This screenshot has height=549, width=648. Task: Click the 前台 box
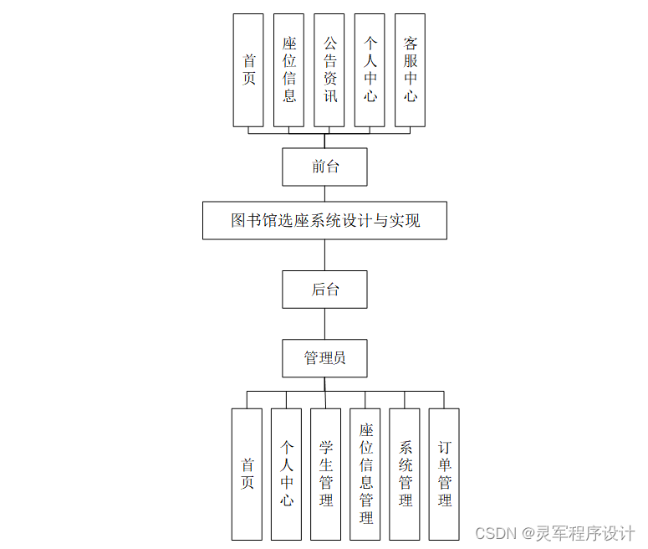coord(324,167)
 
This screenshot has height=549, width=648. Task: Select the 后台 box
coord(324,290)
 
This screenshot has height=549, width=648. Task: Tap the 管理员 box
coord(324,358)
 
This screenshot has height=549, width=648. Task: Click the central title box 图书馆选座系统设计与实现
coord(324,221)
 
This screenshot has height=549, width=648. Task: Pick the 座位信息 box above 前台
coord(289,70)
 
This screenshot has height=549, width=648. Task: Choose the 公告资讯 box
coord(329,70)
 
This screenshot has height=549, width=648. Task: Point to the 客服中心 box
coord(410,70)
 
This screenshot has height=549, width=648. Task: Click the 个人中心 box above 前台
coord(370,70)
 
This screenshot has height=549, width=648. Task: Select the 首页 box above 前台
coord(248,70)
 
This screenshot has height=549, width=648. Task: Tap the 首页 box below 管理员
coord(247,475)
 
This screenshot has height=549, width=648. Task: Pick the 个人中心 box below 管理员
coord(286,475)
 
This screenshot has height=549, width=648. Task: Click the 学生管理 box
coord(325,475)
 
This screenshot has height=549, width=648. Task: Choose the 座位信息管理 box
coord(365,475)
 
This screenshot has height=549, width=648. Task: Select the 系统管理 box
coord(405,475)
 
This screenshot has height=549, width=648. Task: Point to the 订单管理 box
coord(444,475)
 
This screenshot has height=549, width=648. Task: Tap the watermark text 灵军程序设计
coord(586,533)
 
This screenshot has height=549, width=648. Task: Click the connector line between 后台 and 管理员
coord(324,324)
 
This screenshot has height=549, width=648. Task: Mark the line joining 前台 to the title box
coord(324,193)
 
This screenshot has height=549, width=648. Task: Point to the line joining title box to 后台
coord(324,254)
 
